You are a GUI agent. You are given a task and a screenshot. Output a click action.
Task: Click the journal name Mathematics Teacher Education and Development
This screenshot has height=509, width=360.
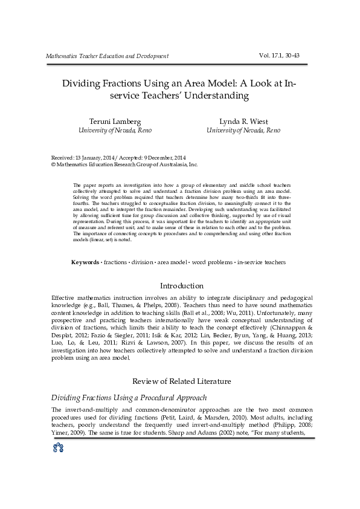click(107, 56)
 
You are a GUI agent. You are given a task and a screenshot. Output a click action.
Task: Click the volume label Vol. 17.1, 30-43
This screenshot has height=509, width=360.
click(279, 56)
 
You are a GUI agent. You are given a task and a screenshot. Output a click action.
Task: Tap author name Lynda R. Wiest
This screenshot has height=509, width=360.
click(243, 121)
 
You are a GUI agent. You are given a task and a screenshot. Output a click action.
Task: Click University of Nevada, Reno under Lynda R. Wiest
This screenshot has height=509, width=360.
click(243, 131)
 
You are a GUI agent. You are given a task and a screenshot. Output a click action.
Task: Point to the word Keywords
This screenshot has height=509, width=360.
click(85, 262)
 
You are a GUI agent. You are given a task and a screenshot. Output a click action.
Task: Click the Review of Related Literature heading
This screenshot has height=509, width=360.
click(181, 381)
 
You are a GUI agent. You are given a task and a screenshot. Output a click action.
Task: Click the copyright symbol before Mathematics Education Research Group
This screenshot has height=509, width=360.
click(53, 164)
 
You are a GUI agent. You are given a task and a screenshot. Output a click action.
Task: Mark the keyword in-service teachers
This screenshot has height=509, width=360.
click(262, 262)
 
